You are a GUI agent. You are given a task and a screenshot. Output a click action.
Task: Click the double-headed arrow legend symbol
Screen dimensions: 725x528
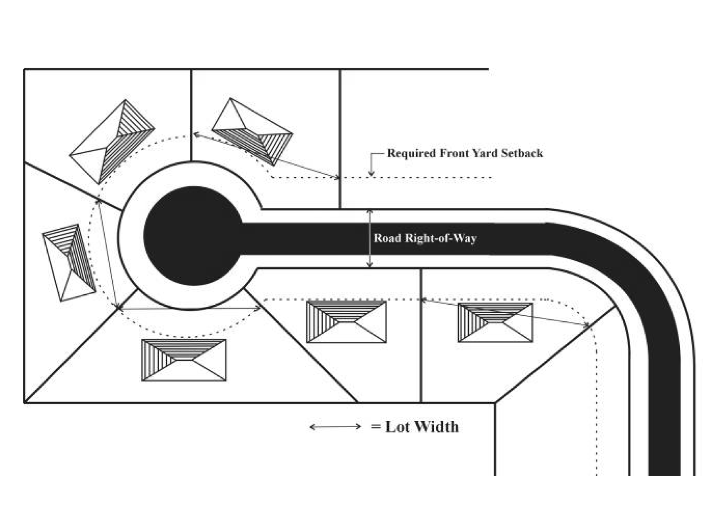[336, 427]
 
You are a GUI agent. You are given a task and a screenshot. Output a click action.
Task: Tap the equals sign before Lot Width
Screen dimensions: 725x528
[376, 427]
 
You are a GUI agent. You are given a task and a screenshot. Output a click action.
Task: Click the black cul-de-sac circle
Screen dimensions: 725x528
[193, 236]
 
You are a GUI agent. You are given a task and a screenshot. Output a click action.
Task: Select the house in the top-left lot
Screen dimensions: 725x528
[112, 142]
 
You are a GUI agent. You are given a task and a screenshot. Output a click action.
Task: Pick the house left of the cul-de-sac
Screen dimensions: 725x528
[69, 262]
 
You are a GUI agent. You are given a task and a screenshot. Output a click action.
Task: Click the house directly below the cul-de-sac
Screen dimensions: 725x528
[184, 360]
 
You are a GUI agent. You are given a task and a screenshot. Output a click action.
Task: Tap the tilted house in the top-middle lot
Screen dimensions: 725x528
[252, 132]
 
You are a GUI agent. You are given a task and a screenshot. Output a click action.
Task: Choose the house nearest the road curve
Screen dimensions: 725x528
[495, 323]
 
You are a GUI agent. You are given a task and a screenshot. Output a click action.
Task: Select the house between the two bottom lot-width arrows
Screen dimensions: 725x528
[347, 322]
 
